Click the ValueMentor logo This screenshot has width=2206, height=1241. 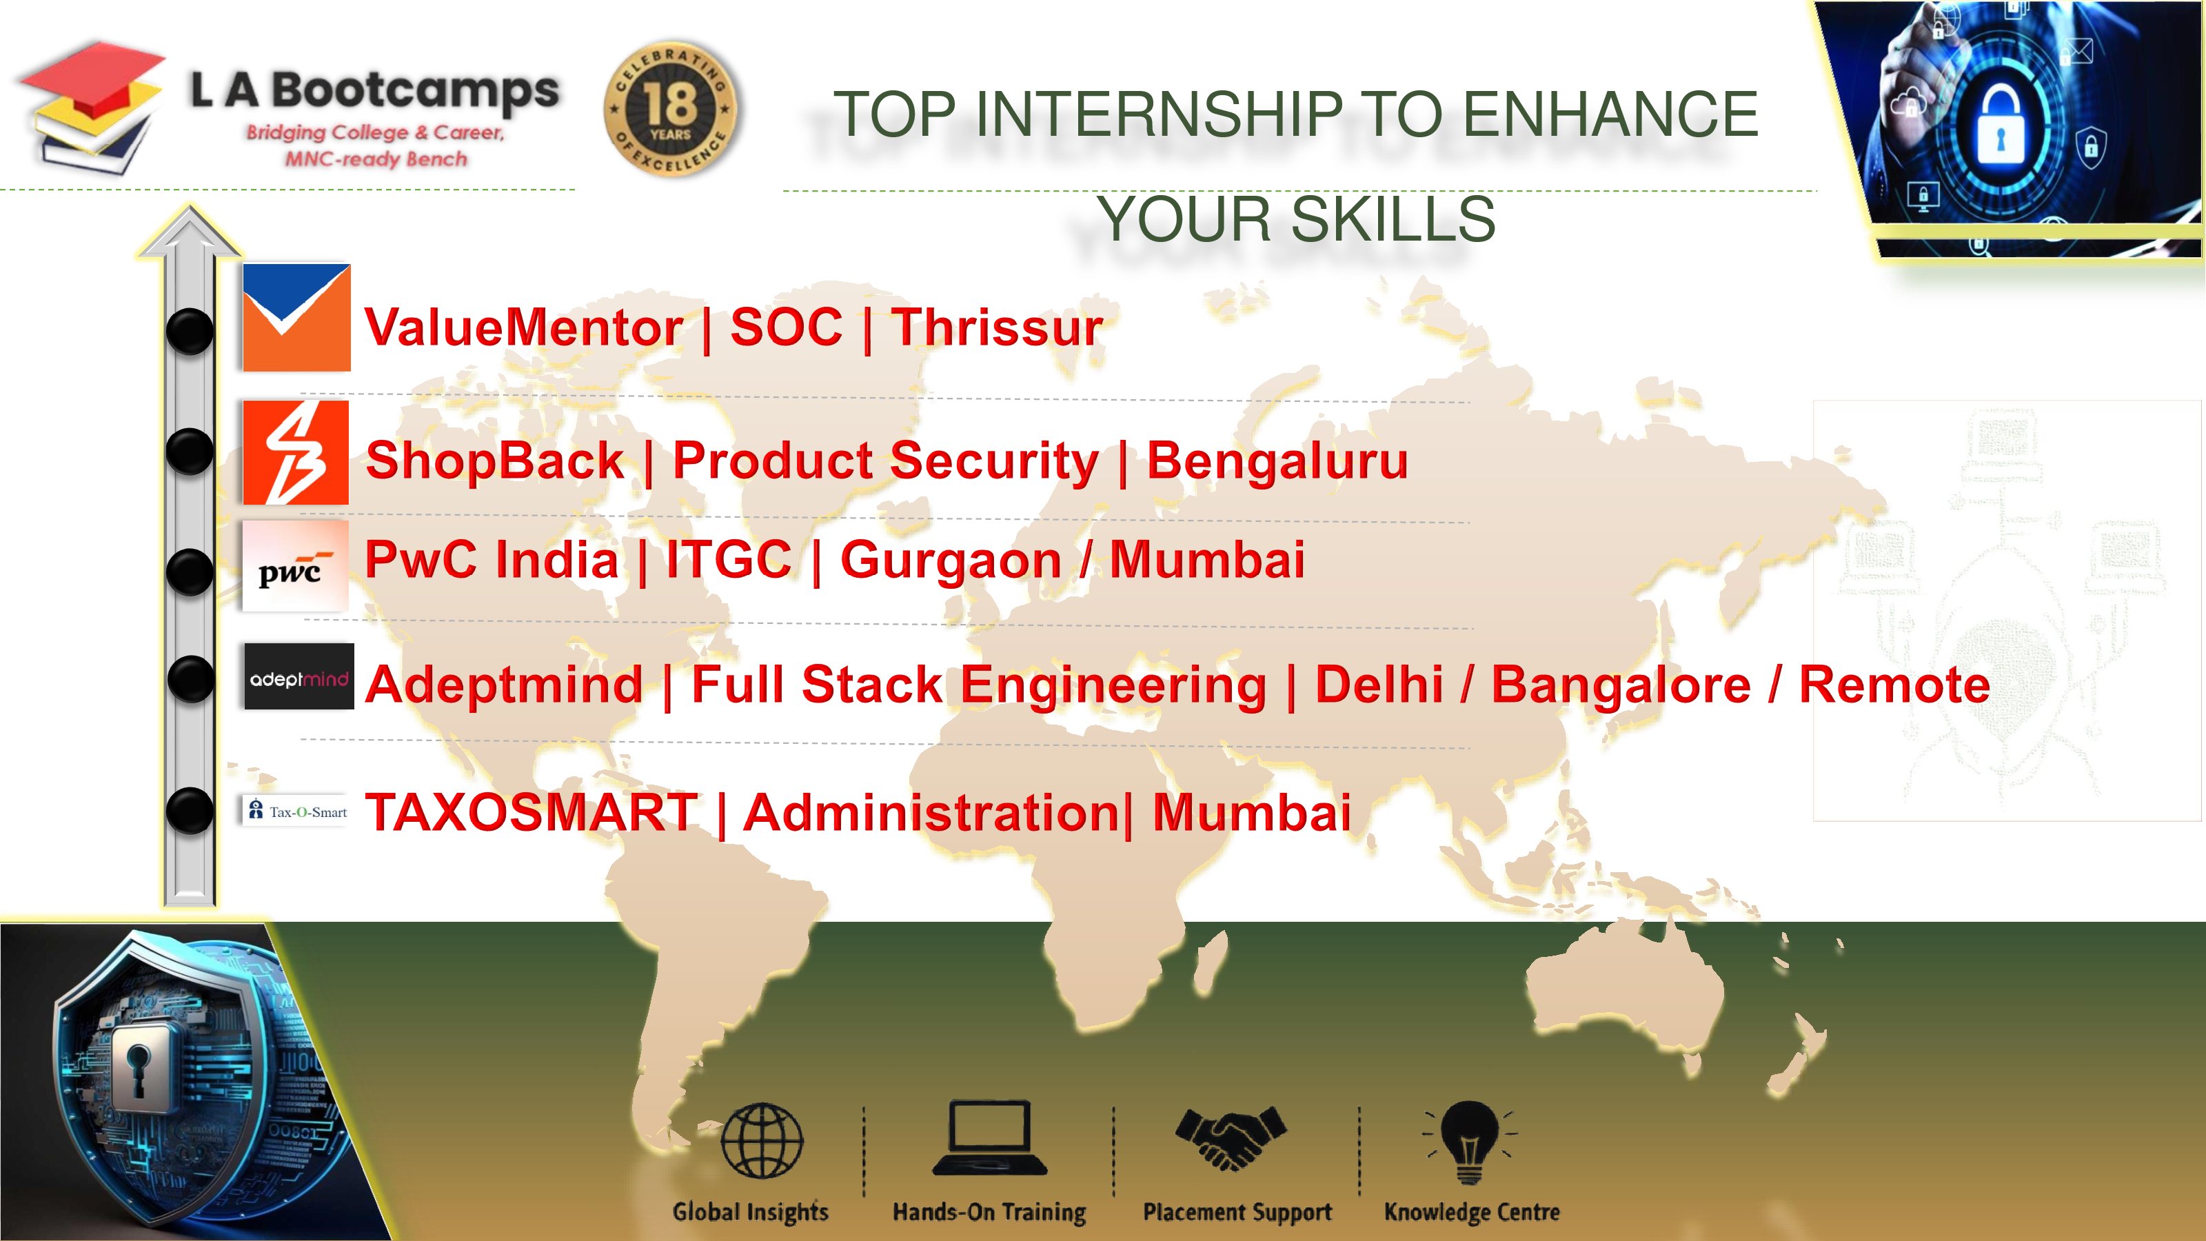click(296, 318)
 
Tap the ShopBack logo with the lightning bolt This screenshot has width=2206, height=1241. click(296, 452)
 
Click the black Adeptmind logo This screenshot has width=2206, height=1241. click(299, 676)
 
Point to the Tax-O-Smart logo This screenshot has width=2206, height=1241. click(297, 811)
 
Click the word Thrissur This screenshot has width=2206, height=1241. click(998, 327)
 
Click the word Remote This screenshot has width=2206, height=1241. click(1894, 685)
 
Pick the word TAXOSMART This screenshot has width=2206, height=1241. click(531, 812)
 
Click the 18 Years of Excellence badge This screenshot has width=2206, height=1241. click(671, 108)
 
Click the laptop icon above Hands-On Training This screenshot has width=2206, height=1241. click(990, 1138)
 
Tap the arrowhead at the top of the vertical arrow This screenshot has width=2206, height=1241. click(190, 230)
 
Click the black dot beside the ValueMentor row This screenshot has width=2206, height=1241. click(190, 331)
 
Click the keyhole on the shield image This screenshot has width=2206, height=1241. click(136, 1067)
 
